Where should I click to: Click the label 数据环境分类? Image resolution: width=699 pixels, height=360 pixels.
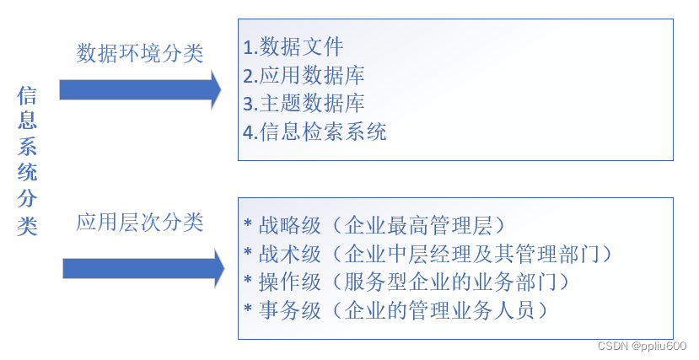(x=140, y=53)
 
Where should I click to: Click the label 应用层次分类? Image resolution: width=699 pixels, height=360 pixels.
(x=140, y=223)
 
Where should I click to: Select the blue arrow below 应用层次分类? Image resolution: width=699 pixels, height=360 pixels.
(x=142, y=268)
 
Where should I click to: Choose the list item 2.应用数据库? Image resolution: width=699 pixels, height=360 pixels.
(x=304, y=75)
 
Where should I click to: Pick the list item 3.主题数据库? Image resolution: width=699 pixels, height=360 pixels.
(x=304, y=104)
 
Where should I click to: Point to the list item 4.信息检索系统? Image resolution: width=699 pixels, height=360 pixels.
(x=315, y=132)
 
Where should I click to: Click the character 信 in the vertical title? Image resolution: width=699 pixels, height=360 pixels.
(x=27, y=95)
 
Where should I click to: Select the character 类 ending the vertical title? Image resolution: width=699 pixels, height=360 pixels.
(x=27, y=226)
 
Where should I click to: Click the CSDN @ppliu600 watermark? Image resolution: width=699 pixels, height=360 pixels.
(x=642, y=347)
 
